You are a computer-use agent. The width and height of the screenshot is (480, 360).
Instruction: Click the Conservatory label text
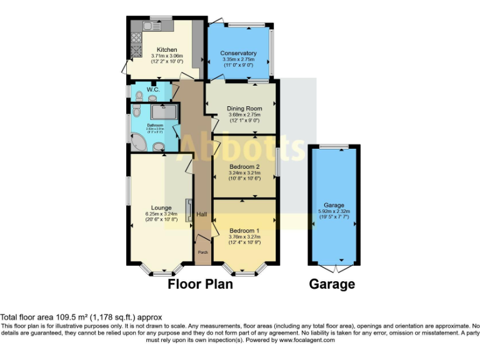click(x=238, y=53)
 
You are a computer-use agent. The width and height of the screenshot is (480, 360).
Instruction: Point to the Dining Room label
click(x=244, y=108)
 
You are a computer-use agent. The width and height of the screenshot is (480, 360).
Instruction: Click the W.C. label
click(x=154, y=90)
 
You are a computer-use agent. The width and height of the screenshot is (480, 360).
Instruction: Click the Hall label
click(x=202, y=214)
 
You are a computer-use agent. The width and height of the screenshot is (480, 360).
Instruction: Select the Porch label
click(x=202, y=252)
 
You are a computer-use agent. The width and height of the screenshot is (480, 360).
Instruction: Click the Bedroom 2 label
click(x=244, y=167)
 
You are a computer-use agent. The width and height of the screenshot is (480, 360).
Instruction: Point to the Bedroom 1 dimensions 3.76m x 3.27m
click(x=244, y=237)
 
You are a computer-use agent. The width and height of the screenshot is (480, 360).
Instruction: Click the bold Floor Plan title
click(x=200, y=284)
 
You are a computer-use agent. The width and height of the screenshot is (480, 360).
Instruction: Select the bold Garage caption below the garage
click(x=332, y=284)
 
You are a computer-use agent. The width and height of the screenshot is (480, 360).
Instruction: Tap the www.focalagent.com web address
click(x=307, y=340)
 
